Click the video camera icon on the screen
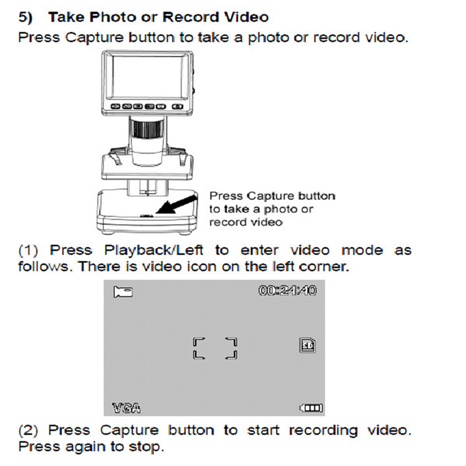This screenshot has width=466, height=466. click(x=123, y=292)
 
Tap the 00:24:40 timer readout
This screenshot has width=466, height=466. click(x=287, y=290)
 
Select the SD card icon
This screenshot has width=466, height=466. click(x=308, y=345)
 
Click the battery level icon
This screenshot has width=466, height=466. click(x=311, y=408)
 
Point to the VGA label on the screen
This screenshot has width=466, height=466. click(x=126, y=408)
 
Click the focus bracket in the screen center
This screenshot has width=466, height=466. click(x=215, y=348)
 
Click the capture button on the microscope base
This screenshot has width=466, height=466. click(x=147, y=216)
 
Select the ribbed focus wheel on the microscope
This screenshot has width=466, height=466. click(x=146, y=128)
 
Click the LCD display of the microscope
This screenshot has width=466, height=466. click(x=147, y=77)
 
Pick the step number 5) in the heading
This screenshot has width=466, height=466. click(x=25, y=17)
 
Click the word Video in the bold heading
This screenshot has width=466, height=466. click(x=246, y=17)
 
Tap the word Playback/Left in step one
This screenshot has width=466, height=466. click(x=154, y=250)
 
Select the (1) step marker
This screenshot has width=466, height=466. click(x=28, y=250)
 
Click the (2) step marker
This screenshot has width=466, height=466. click(x=28, y=430)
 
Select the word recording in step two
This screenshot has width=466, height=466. click(x=323, y=431)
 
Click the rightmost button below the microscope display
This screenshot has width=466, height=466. click(x=178, y=107)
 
